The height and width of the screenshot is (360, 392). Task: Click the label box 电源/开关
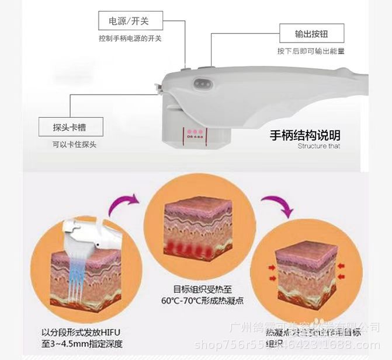coord(124,22)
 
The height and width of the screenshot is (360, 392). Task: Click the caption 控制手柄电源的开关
coord(130,39)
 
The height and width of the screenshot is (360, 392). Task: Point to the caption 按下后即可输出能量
coord(311,51)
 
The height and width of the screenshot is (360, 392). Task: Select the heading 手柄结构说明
coord(304,135)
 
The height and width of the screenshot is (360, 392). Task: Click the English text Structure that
coord(318,146)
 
